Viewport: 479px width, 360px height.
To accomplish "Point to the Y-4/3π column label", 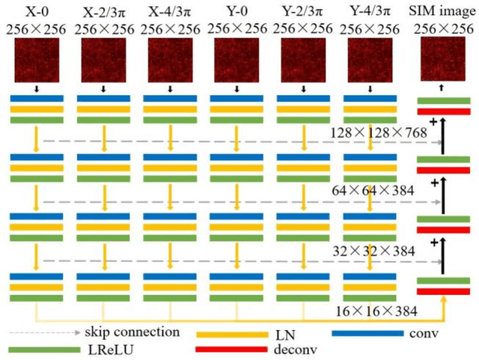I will tap(370, 11).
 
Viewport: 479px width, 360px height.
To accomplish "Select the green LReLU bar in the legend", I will tap(36, 349).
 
